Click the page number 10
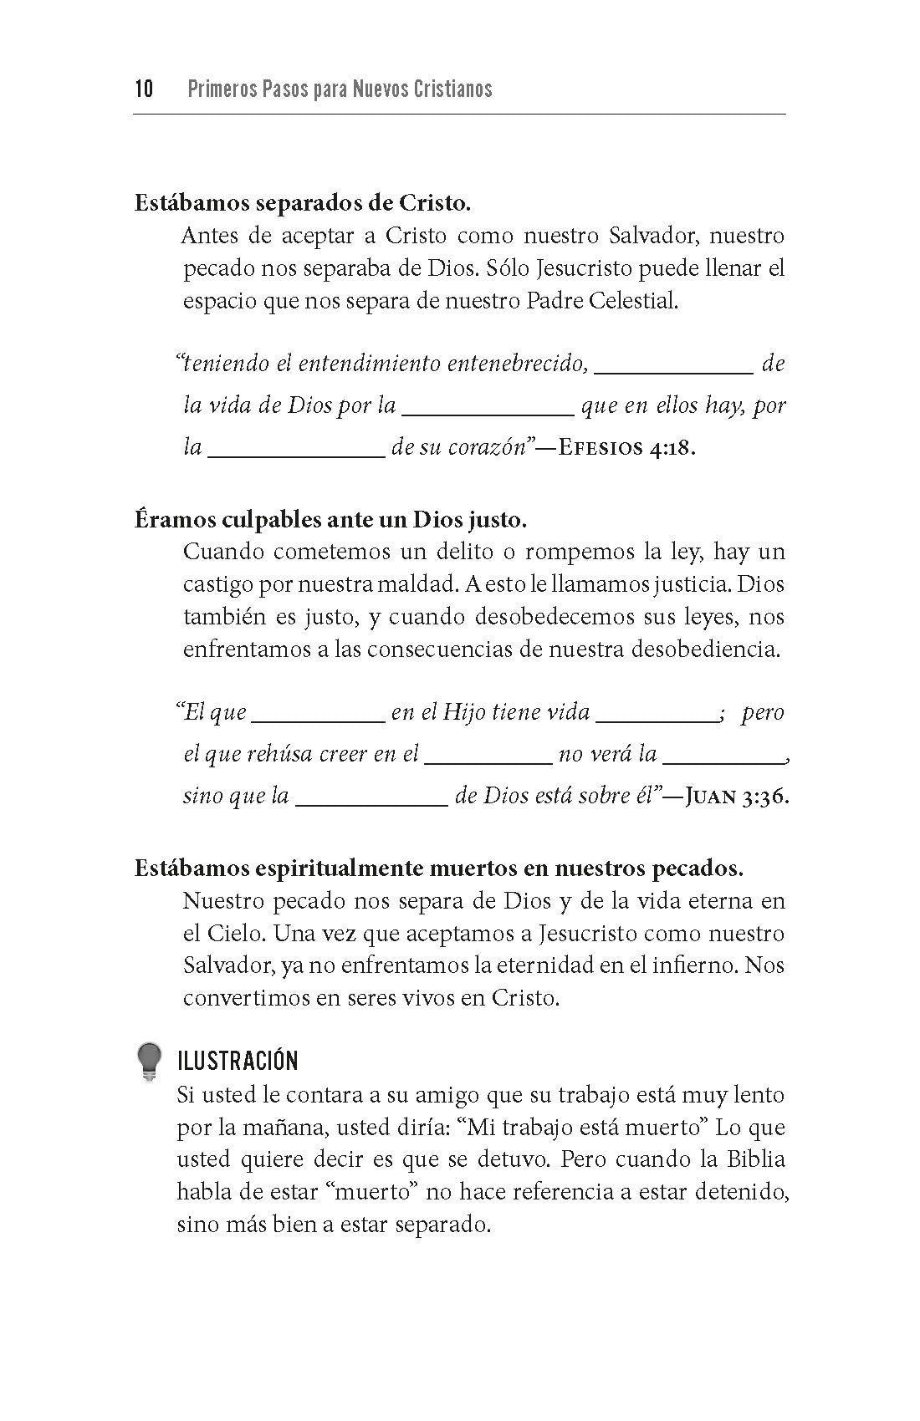click(x=144, y=89)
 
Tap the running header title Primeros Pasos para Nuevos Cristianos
click(x=340, y=89)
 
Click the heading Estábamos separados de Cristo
click(x=303, y=203)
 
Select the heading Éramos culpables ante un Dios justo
click(x=330, y=520)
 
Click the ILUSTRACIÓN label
click(x=238, y=1062)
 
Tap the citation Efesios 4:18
click(x=626, y=447)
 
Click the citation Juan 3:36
click(x=737, y=796)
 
